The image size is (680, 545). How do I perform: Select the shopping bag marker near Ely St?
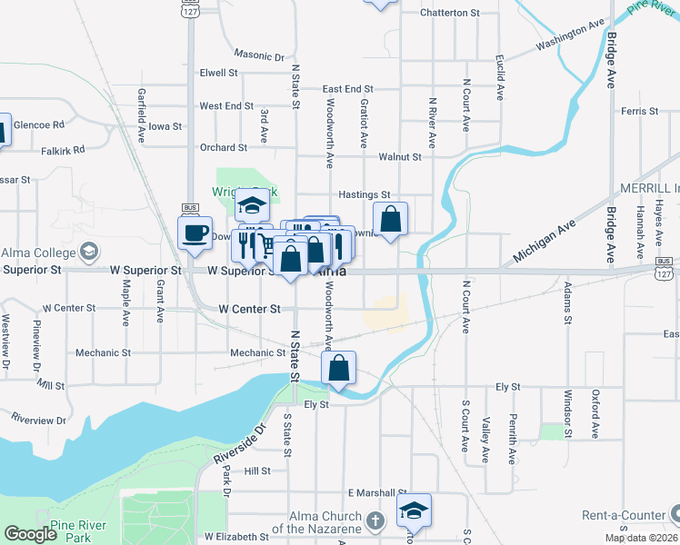coord(338,368)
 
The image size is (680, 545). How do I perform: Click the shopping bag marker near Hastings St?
coord(390,219)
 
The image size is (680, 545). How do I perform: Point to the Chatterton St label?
coord(449,13)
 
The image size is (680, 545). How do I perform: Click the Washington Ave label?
coord(570,35)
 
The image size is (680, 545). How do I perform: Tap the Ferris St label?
coord(640,111)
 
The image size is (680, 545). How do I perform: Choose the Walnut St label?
coord(400,156)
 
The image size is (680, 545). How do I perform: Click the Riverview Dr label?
coord(38,420)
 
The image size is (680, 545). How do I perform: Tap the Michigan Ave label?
coord(544,242)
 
